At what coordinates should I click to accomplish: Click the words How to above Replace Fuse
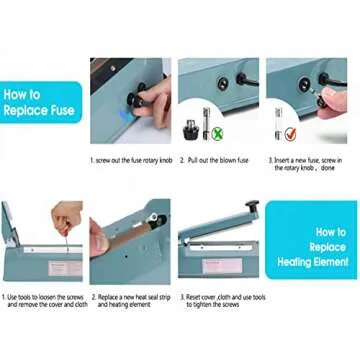pyautogui.click(x=27, y=95)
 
